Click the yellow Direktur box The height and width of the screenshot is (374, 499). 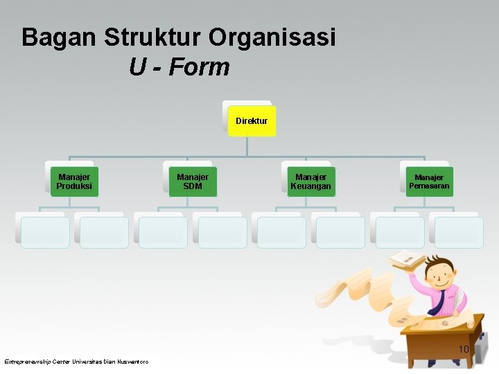point(252,121)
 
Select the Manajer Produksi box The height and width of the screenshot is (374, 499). point(74,181)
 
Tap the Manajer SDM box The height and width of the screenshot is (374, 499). point(193,181)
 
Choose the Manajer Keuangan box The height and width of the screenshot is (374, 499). point(310,181)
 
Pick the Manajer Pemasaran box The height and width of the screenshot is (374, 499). point(429,181)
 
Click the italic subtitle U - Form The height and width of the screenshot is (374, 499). point(179,67)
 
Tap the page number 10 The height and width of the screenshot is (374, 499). point(464,349)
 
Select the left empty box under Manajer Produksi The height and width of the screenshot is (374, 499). point(45,232)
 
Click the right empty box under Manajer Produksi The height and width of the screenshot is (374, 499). point(104,232)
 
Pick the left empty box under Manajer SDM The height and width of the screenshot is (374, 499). point(163,232)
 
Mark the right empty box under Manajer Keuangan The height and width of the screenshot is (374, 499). point(340,232)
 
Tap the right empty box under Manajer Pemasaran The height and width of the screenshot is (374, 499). point(459,232)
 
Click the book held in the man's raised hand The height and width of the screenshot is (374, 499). point(407,260)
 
